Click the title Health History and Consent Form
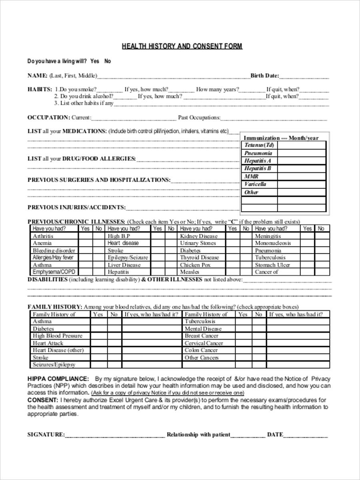182,46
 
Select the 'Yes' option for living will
95,61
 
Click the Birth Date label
264,76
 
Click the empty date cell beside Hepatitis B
301,168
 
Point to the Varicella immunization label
255,184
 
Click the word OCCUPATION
48,118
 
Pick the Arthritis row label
43,236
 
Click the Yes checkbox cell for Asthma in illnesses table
85,265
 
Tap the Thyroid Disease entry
199,258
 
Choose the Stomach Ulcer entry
272,265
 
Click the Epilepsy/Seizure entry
128,258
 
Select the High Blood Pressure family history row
58,336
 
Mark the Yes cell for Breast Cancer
243,336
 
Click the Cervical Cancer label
204,343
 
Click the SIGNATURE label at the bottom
46,434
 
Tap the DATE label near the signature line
275,434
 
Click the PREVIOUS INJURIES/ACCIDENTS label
76,207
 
